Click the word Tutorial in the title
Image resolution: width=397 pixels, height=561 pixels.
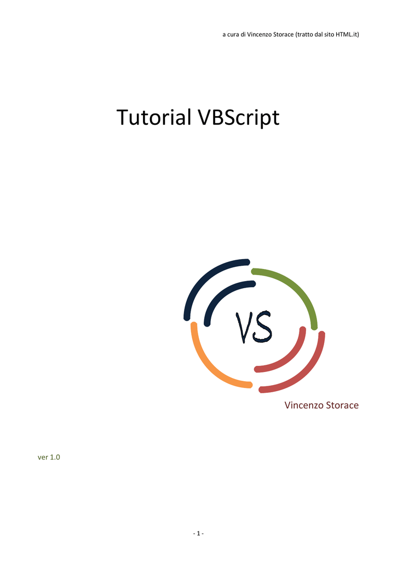pyautogui.click(x=154, y=117)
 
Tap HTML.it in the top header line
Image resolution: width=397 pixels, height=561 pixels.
pyautogui.click(x=347, y=35)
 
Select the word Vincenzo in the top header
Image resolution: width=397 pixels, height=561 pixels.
pyautogui.click(x=258, y=35)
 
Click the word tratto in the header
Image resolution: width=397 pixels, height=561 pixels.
pyautogui.click(x=304, y=35)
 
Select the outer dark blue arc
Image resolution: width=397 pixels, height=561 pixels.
pyautogui.click(x=202, y=278)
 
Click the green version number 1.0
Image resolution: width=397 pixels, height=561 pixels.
pyautogui.click(x=55, y=457)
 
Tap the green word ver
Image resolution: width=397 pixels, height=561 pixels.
pyautogui.click(x=43, y=457)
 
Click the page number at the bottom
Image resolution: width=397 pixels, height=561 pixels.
pyautogui.click(x=198, y=534)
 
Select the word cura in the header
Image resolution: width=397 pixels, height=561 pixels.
pyautogui.click(x=233, y=35)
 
